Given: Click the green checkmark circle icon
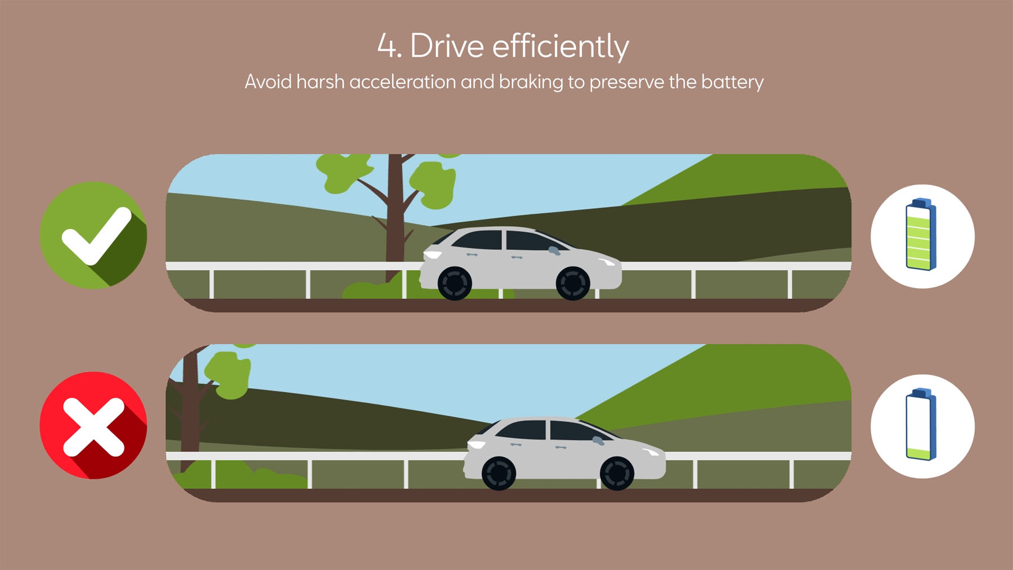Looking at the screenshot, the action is [x=93, y=235].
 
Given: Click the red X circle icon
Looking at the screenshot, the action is [x=93, y=425].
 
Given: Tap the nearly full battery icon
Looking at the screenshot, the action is [x=921, y=234].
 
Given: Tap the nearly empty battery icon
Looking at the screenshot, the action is [x=921, y=424].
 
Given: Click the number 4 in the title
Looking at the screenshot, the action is [x=387, y=46].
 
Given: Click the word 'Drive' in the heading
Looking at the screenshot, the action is [x=447, y=46].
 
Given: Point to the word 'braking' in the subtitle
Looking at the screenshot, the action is [x=531, y=82].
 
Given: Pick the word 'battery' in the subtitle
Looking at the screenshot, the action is [x=732, y=83].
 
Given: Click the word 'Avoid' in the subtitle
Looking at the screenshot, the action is [x=268, y=82].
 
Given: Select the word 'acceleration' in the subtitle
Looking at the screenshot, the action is [x=402, y=82].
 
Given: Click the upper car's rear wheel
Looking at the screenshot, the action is [x=455, y=283].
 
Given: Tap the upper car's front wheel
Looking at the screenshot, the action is [x=573, y=283].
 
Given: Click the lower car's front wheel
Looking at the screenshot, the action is [x=617, y=473].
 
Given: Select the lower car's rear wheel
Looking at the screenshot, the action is [x=499, y=473].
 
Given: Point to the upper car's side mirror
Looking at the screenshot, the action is [x=554, y=250].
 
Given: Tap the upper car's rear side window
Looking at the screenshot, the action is [x=478, y=240].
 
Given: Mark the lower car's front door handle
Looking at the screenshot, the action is [x=561, y=447].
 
